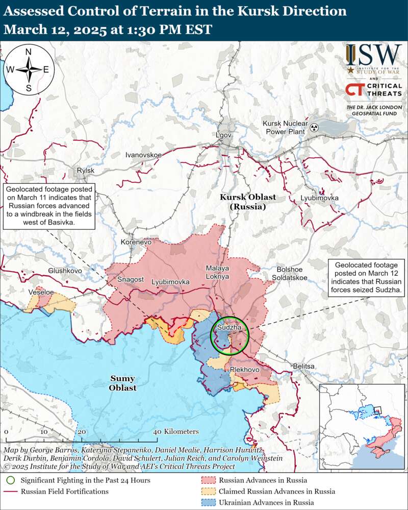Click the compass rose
coord(29,69)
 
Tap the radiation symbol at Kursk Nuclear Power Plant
coord(316,128)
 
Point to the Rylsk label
coord(85,171)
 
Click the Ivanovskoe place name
coord(143,155)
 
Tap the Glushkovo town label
coord(65,271)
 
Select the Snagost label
coord(130,280)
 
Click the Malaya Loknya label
coord(218,272)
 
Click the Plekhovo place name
coord(245,369)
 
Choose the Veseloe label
coord(41,292)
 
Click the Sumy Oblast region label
coord(123,383)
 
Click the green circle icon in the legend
coord(10,480)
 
